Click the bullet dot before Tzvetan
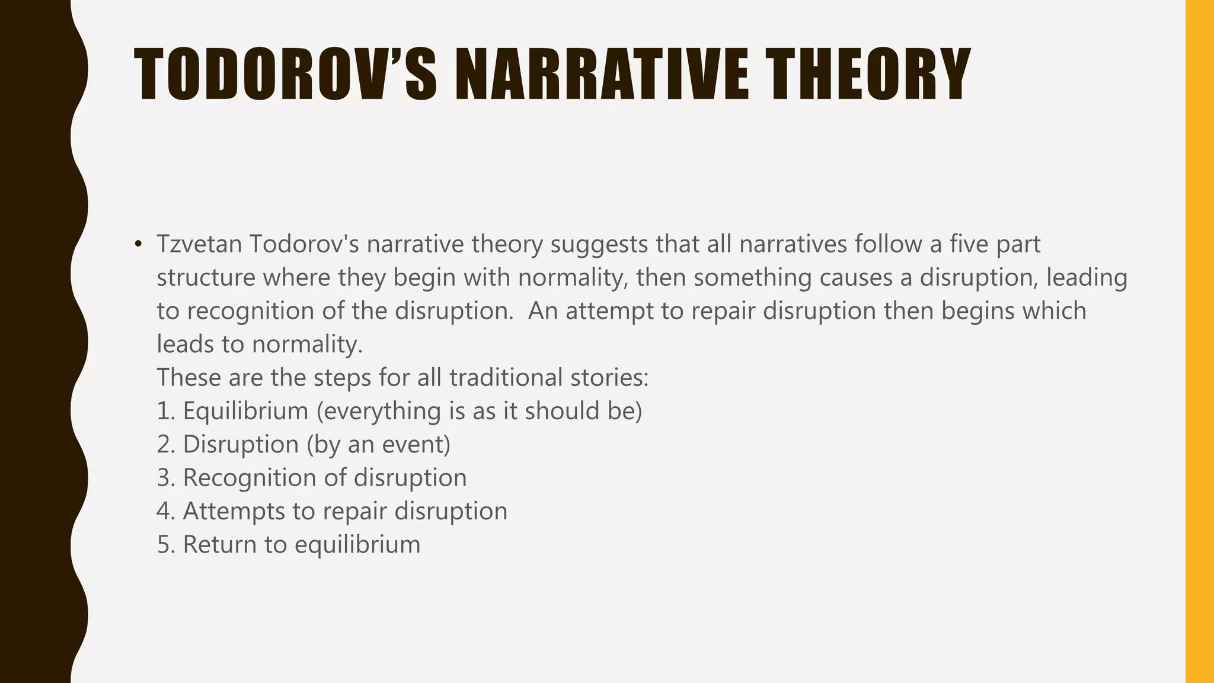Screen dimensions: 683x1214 (138, 244)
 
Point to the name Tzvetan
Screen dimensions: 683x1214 (199, 244)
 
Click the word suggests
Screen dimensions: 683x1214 (599, 244)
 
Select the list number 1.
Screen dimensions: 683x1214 (165, 411)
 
